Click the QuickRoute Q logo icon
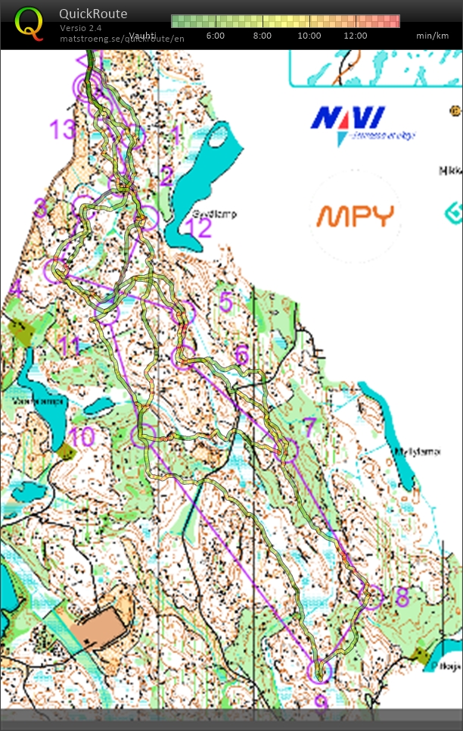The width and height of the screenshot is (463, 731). click(29, 23)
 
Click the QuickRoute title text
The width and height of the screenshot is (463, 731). click(93, 14)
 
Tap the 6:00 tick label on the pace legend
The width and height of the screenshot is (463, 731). click(216, 36)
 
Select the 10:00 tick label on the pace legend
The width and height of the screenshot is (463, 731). click(309, 36)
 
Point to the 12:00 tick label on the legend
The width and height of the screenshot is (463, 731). click(355, 36)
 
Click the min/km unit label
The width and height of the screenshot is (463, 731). click(433, 36)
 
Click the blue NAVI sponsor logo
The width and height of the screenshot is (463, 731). click(349, 120)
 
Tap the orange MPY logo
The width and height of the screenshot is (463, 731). click(355, 216)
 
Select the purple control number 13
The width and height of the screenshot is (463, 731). click(64, 130)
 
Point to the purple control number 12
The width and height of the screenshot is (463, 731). click(200, 228)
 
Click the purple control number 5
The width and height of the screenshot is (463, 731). click(225, 302)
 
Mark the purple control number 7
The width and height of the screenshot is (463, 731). click(309, 427)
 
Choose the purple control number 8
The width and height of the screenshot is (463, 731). click(402, 595)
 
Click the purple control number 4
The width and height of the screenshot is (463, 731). click(15, 288)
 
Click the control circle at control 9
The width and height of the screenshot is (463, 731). click(319, 672)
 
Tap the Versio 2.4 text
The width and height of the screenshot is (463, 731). click(80, 28)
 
